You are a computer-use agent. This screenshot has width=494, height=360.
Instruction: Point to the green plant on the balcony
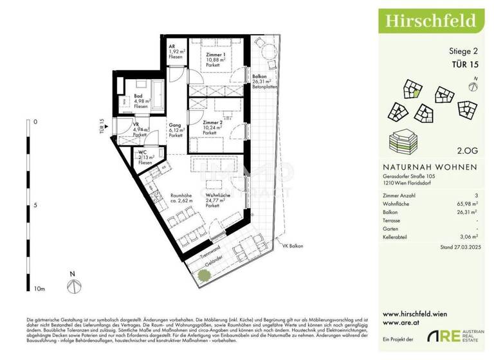203,275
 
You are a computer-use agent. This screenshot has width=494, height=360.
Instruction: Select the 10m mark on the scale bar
40,289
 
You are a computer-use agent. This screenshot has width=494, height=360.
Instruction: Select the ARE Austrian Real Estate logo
453,336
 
